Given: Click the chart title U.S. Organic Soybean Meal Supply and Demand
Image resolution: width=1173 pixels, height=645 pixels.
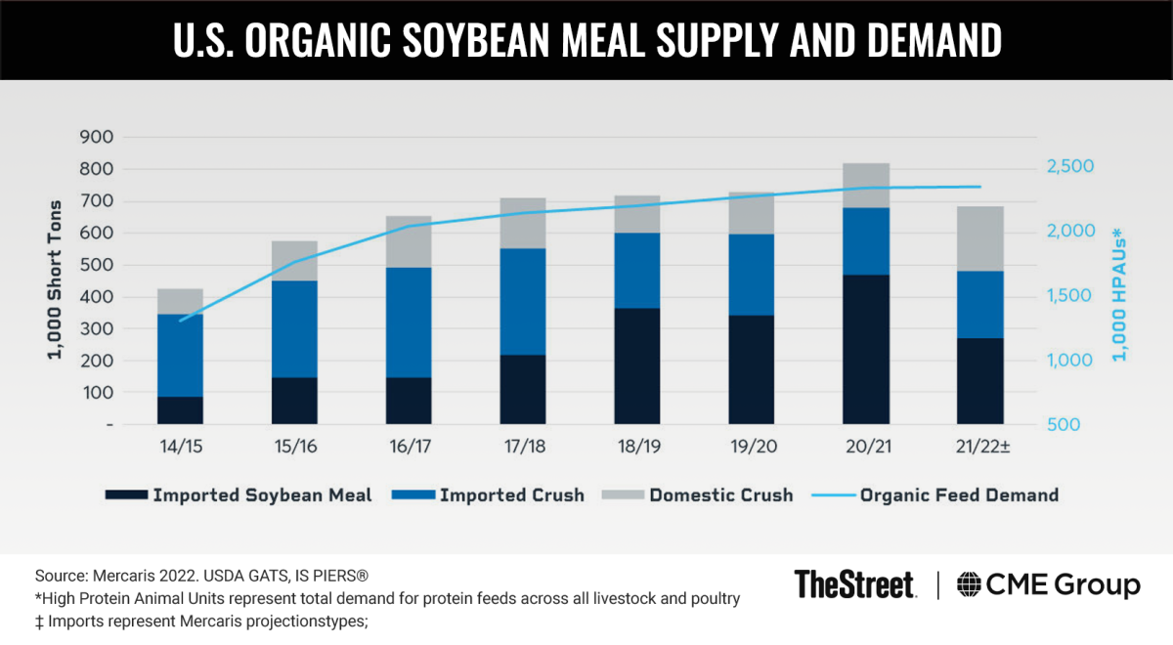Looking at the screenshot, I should click(586, 41).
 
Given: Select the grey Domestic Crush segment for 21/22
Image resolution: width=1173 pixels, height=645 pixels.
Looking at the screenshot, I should click(980, 238).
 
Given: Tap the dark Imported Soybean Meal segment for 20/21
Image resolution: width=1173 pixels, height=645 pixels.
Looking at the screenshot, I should click(866, 349).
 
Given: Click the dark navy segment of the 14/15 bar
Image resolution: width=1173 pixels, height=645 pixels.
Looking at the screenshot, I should click(180, 410).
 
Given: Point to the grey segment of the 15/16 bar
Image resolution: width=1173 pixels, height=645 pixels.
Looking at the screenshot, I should click(294, 261).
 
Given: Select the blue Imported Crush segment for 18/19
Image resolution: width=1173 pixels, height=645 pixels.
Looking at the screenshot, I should click(637, 271).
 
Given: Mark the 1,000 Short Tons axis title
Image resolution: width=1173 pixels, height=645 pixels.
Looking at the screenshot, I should click(58, 283).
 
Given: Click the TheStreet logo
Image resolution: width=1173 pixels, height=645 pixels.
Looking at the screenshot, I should click(855, 584).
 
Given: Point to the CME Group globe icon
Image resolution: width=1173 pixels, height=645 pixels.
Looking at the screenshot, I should click(969, 584).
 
